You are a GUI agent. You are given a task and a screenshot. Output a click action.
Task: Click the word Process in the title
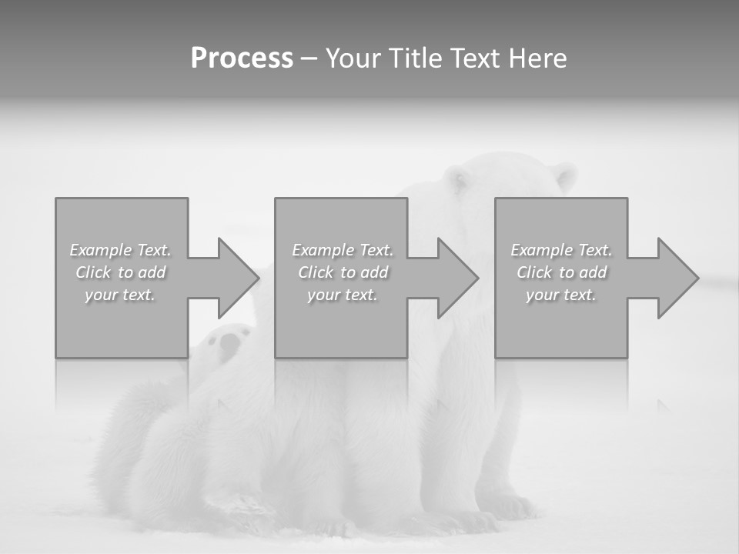[242, 58]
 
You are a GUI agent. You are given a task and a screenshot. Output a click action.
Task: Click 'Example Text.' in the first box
[120, 250]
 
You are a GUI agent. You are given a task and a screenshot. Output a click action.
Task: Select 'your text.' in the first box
[120, 295]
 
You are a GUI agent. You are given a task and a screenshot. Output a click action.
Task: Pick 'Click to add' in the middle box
[343, 272]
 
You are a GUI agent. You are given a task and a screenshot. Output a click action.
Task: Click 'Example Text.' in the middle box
[343, 250]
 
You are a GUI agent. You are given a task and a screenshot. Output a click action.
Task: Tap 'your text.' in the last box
[561, 295]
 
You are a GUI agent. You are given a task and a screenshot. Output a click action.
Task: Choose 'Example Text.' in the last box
[561, 250]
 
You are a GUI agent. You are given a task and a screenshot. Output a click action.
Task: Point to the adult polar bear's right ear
[565, 176]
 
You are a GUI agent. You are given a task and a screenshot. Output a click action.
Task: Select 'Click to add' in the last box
[561, 272]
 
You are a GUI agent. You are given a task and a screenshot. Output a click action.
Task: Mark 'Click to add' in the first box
[120, 272]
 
